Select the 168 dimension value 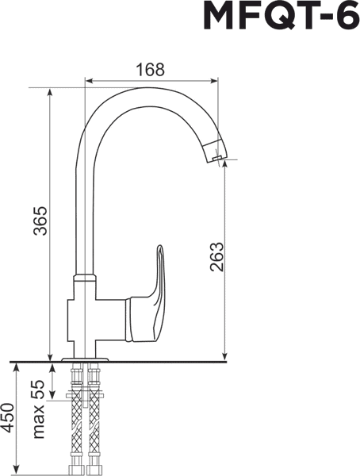click(x=149, y=69)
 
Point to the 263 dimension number click(x=216, y=256)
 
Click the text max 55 click(x=37, y=409)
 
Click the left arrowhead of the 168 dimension click(x=88, y=79)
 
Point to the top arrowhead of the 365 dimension click(x=52, y=89)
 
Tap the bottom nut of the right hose click(x=95, y=468)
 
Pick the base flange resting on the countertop click(x=84, y=360)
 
